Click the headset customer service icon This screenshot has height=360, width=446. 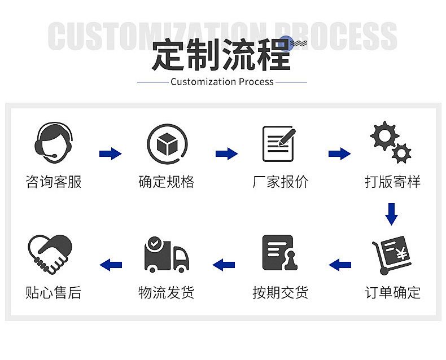coord(54,142)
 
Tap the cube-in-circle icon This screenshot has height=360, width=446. coord(167,144)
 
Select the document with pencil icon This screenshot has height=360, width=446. coord(279,143)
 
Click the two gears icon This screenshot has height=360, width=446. coord(390,142)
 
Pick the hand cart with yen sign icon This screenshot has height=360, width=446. coord(391,254)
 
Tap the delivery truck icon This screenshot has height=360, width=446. coord(166,254)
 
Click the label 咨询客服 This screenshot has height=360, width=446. coord(54,182)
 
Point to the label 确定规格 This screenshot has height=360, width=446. coord(167,182)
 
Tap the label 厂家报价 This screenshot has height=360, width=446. coord(280,182)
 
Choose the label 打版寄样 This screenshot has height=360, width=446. coord(392,182)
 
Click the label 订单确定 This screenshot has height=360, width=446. coord(392,293)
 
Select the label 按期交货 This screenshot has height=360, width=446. coord(280,293)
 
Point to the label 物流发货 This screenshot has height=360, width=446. coord(167,293)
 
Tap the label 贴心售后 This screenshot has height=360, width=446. coord(54,293)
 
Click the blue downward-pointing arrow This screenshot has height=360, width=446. coord(391,214)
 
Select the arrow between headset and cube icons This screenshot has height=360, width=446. coord(111,153)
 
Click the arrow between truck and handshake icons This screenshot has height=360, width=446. coord(111,264)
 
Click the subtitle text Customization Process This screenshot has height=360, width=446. coord(222,82)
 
